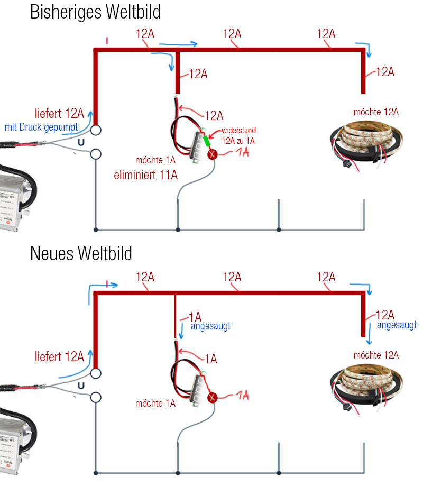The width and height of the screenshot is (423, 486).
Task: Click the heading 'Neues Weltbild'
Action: [81, 253]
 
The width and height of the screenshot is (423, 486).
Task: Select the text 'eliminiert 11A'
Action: [145, 175]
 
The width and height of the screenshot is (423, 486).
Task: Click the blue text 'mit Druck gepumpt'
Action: [41, 127]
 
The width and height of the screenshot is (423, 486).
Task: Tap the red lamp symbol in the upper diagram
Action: [212, 154]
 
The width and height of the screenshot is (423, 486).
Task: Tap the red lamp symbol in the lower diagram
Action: [212, 398]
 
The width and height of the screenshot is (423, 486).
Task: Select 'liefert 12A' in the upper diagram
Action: [59, 113]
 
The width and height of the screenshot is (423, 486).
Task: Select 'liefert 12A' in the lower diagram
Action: [59, 356]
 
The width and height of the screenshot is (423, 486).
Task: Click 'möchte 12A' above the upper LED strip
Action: [376, 112]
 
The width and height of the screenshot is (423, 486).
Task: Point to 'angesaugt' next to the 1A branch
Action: [210, 326]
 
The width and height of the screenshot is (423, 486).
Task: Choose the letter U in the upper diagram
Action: [80, 142]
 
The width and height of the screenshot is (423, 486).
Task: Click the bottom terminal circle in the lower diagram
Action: [96, 397]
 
